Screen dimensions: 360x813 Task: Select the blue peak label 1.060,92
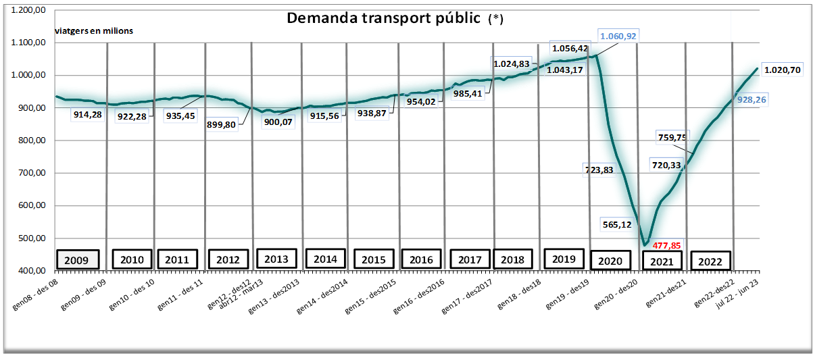coord(618,36)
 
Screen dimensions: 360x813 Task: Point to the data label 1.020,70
coord(782,69)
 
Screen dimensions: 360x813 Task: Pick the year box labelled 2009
coord(76,259)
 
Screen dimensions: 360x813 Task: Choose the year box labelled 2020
coord(611,261)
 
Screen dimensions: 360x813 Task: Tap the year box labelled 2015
coord(374,259)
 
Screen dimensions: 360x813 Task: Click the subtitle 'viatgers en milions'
coord(94,31)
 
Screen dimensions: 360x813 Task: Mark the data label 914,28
coord(89,115)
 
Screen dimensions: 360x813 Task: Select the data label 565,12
coord(620,224)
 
